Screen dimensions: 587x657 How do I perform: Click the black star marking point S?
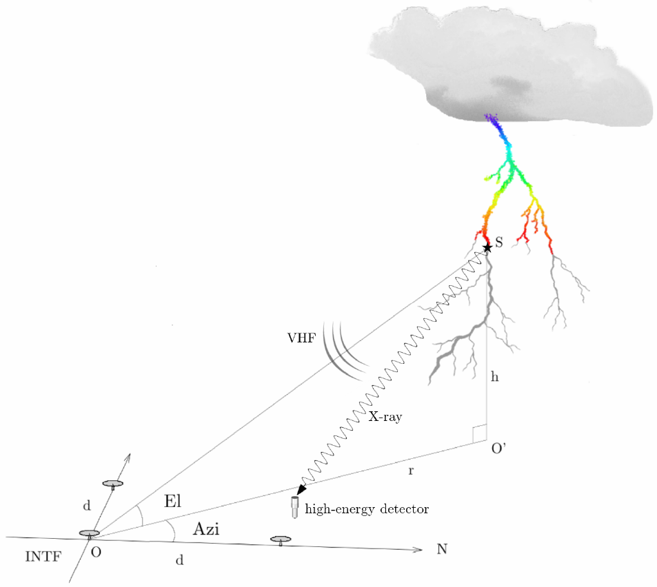click(487, 247)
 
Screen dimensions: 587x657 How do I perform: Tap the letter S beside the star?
click(499, 243)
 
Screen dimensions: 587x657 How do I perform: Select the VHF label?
click(302, 338)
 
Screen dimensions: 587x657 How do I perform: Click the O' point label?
click(498, 450)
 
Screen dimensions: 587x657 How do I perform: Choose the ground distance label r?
click(412, 471)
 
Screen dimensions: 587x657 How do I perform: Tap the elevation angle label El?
click(172, 502)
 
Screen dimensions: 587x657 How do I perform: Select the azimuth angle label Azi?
click(206, 529)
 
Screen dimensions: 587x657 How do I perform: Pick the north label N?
click(441, 549)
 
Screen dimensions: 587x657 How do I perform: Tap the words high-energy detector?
click(367, 509)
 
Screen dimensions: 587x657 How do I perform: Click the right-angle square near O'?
click(481, 432)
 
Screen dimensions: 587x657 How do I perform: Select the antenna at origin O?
click(89, 534)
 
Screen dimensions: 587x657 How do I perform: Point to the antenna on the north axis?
click(280, 539)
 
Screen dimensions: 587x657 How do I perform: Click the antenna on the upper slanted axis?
click(112, 484)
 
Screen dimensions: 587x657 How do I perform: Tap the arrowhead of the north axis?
click(418, 549)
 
